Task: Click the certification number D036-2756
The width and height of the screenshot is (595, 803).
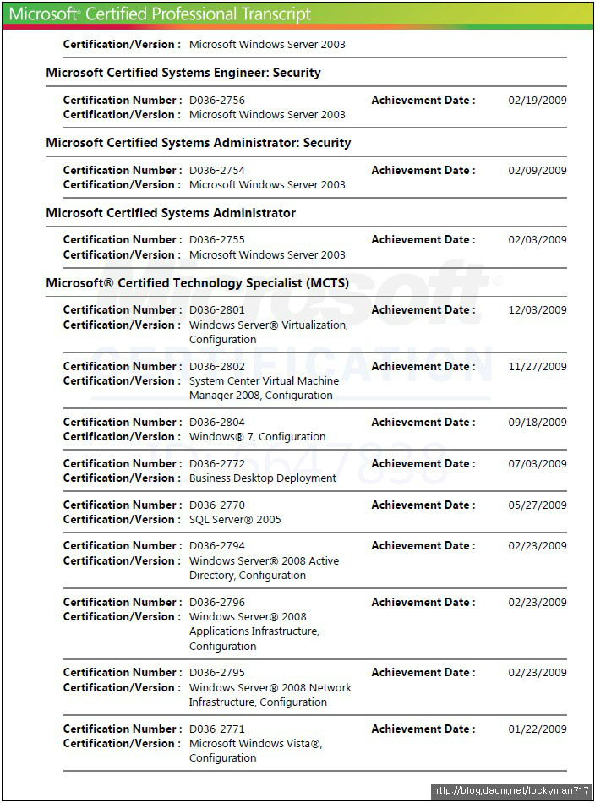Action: tap(216, 100)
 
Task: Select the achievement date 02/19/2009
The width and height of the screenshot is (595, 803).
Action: tap(537, 100)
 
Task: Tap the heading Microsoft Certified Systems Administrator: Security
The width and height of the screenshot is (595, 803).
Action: tap(198, 143)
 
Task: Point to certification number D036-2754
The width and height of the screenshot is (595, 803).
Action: tap(216, 170)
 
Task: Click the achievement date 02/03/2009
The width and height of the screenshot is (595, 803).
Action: tap(537, 240)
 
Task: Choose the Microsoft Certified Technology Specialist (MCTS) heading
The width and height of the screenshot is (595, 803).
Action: tap(197, 283)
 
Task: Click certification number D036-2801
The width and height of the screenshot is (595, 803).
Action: tap(216, 310)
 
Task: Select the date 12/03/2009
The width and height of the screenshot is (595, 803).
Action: tap(537, 310)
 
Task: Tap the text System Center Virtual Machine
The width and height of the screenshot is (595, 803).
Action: tap(264, 381)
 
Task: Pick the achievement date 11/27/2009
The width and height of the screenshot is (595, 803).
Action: tap(537, 367)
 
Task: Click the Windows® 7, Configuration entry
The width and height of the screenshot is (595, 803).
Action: tap(257, 437)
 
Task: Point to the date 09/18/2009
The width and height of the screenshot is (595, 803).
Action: tap(537, 423)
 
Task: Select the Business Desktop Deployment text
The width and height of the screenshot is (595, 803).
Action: tap(262, 478)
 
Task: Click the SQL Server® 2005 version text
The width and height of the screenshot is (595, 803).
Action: tap(235, 520)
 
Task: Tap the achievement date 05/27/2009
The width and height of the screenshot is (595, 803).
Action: tap(537, 505)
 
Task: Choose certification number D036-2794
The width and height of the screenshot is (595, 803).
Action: tap(216, 546)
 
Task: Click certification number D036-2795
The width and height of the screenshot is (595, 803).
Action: tap(216, 673)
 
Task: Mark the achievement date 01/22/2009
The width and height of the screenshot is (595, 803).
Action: tap(537, 729)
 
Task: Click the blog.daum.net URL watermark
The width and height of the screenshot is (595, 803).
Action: tap(510, 792)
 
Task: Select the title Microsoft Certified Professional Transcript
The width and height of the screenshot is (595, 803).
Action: tap(160, 14)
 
